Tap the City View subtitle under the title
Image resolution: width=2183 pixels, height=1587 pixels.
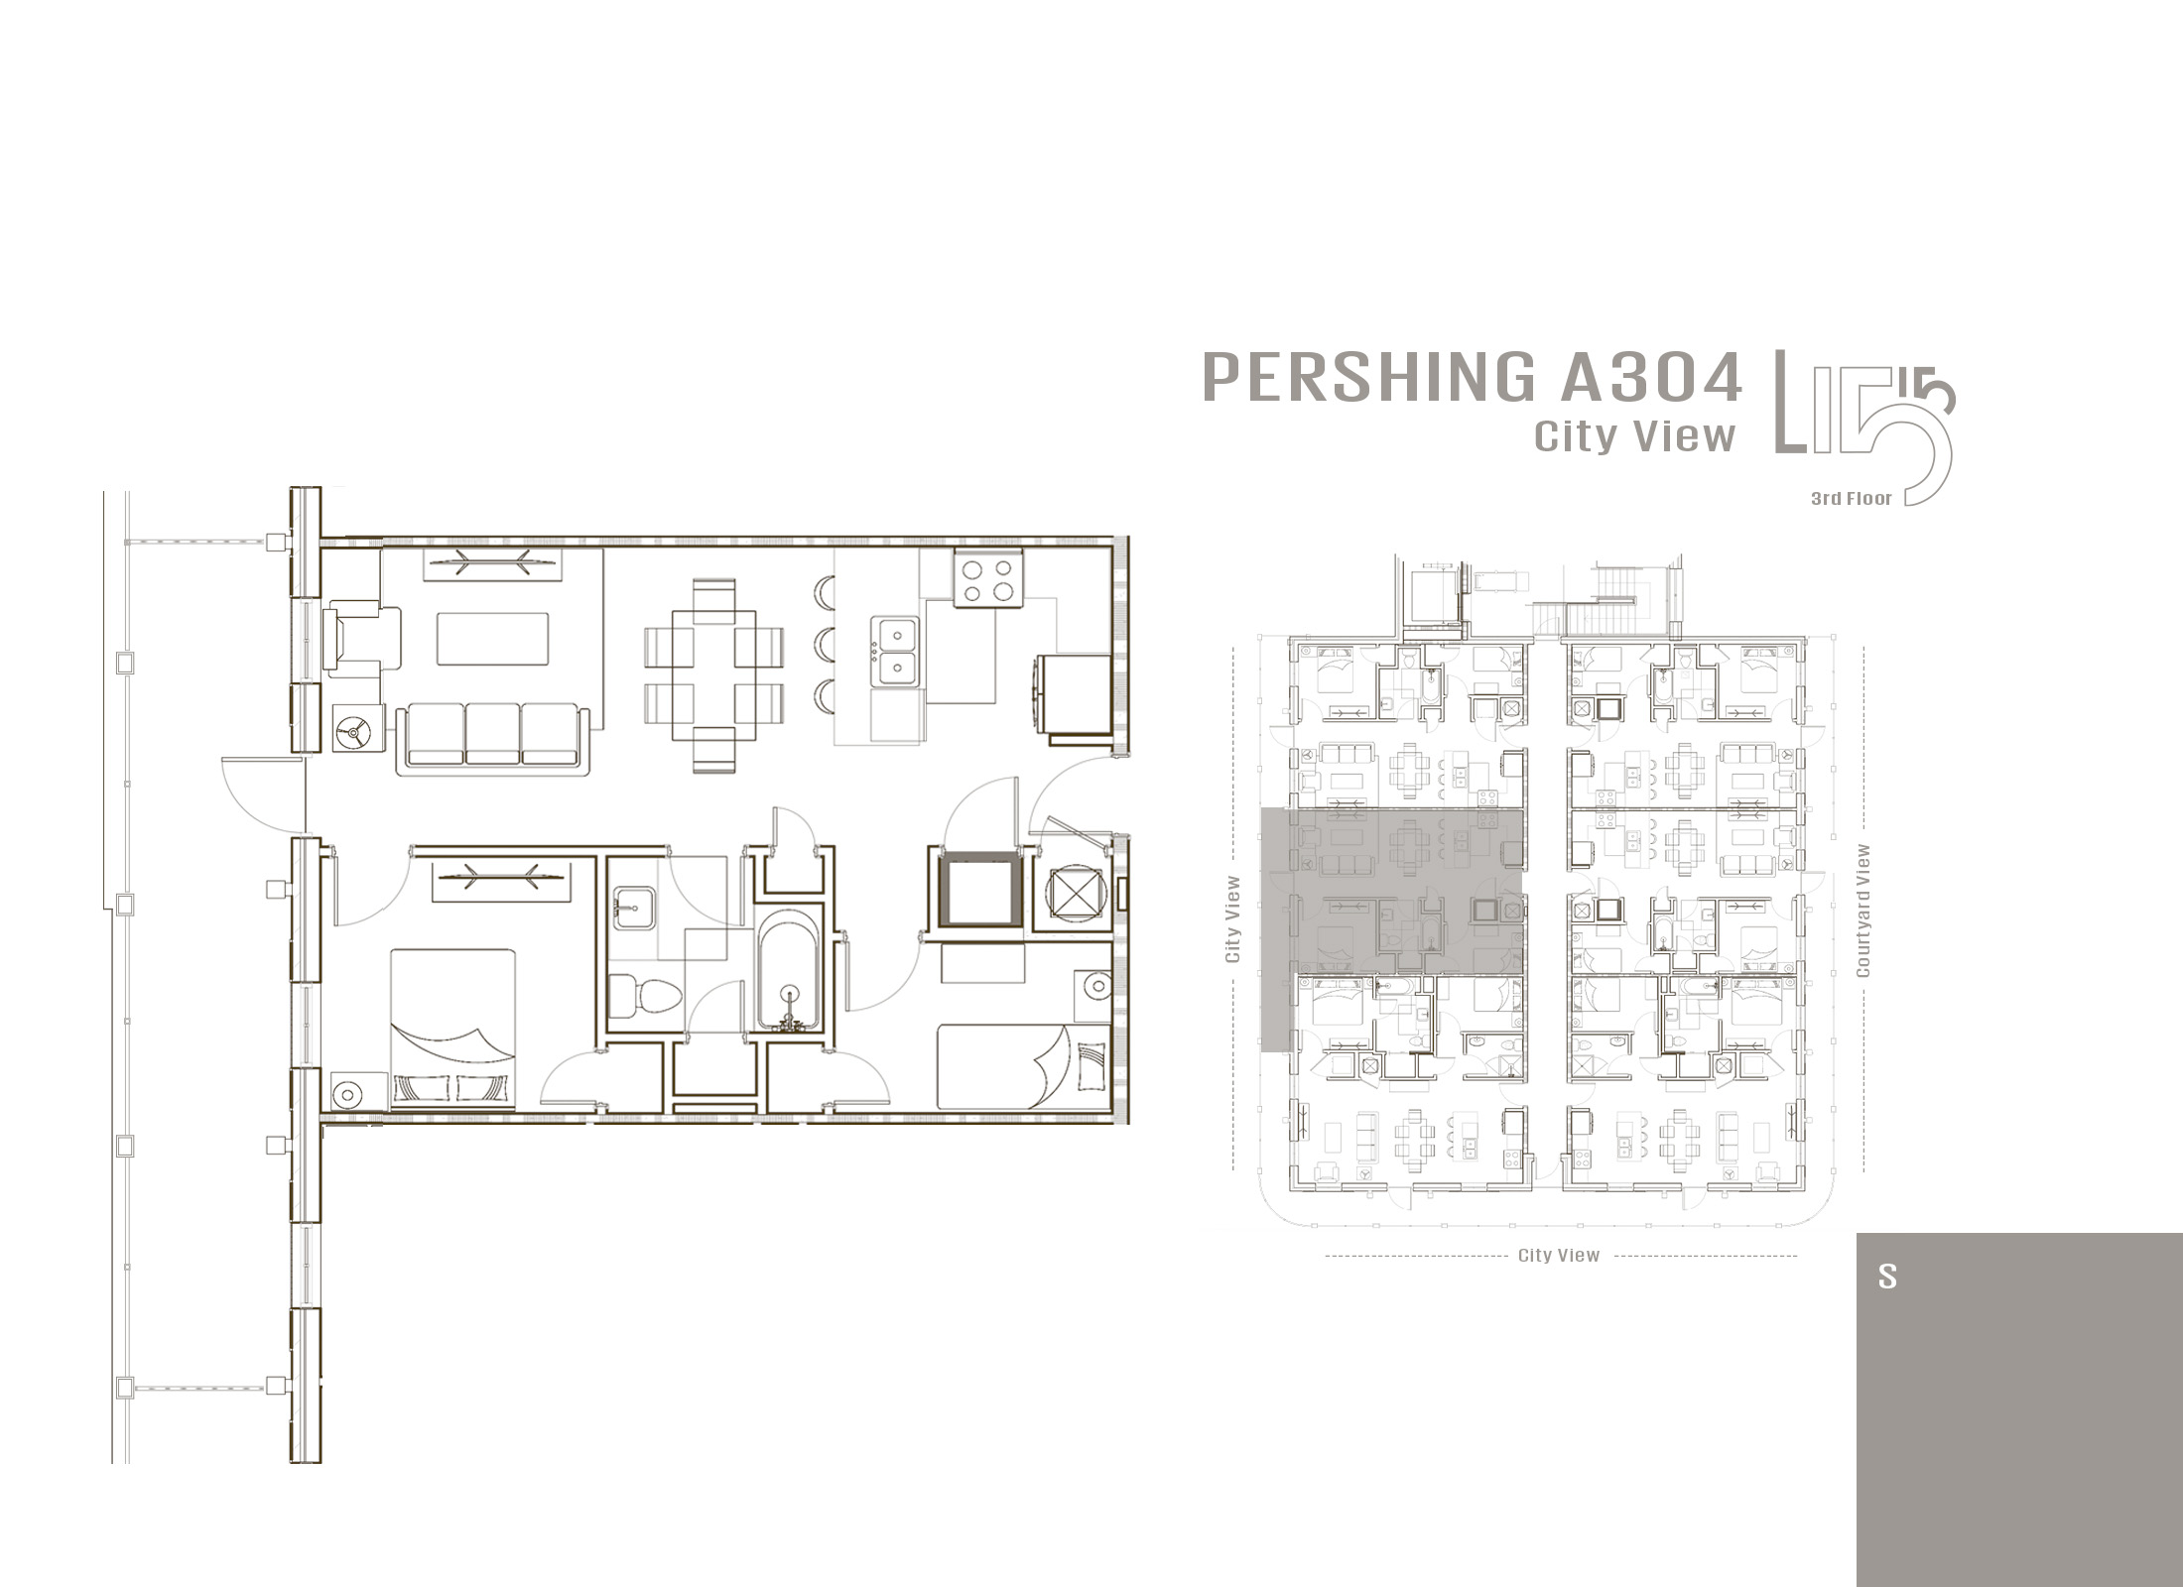pyautogui.click(x=1634, y=436)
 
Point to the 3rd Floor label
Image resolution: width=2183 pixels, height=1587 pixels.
pyautogui.click(x=1852, y=499)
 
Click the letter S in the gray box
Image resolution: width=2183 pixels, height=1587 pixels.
pyautogui.click(x=1886, y=1277)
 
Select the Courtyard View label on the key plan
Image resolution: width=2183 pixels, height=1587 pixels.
pyautogui.click(x=1862, y=911)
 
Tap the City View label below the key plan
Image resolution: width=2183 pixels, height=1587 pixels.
pyautogui.click(x=1559, y=1256)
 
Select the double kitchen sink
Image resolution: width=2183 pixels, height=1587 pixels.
pyautogui.click(x=895, y=651)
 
